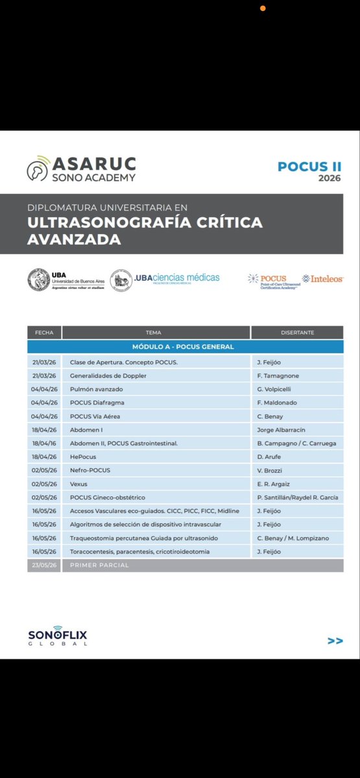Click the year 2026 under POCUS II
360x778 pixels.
pos(329,178)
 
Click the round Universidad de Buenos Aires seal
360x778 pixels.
pos(39,279)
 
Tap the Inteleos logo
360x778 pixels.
pos(322,279)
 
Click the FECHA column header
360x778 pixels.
pos(44,333)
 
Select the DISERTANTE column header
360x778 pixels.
pos(297,333)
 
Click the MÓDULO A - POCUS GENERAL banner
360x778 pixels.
pos(183,347)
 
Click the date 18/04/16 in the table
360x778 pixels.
pos(44,443)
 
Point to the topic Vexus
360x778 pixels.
pos(78,484)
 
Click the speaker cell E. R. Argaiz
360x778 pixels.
pos(273,484)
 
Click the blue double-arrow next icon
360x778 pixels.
pos(335,641)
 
